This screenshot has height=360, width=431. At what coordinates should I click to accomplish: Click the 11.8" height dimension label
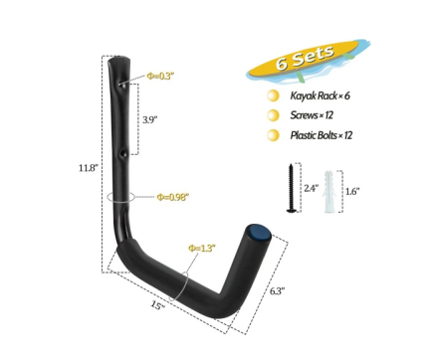click(89, 168)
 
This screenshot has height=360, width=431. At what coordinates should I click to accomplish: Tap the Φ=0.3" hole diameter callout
click(160, 77)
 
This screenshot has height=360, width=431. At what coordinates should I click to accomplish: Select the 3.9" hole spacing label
click(149, 119)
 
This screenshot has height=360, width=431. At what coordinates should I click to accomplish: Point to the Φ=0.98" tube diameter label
click(172, 197)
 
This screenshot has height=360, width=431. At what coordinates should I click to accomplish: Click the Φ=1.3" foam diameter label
click(202, 248)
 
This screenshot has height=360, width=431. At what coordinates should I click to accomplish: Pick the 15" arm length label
click(158, 305)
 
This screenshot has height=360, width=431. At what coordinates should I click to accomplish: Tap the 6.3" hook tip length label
click(277, 291)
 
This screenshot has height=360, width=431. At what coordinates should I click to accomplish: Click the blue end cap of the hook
click(259, 232)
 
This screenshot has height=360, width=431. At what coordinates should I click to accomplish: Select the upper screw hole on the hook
click(121, 86)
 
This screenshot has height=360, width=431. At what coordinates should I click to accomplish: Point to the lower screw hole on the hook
click(124, 154)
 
